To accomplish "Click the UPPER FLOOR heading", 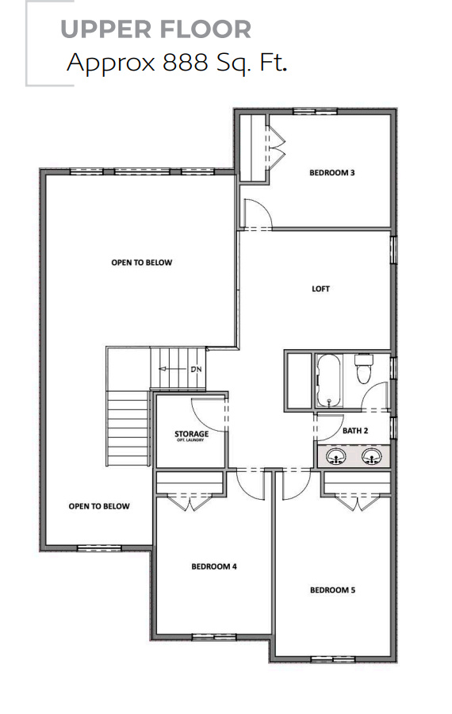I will pyautogui.click(x=155, y=29).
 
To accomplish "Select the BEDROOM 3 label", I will pyautogui.click(x=331, y=172).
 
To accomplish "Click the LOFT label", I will pyautogui.click(x=320, y=289).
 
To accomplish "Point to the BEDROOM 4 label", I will pyautogui.click(x=214, y=566).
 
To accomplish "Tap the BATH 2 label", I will pyautogui.click(x=355, y=431).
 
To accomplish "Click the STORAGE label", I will pyautogui.click(x=191, y=435).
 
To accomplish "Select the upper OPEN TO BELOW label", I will pyautogui.click(x=141, y=263).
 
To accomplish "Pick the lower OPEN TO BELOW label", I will pyautogui.click(x=99, y=506).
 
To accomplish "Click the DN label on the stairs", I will pyautogui.click(x=197, y=370).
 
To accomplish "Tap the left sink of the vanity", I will pyautogui.click(x=336, y=457).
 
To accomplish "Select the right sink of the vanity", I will pyautogui.click(x=370, y=457).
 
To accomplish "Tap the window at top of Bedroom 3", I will pyautogui.click(x=309, y=111).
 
